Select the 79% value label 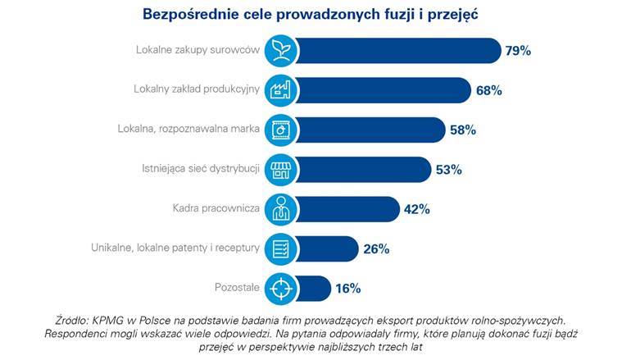tap(518, 51)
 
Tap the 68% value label tap(488, 90)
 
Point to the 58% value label tap(462, 130)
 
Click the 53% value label tap(449, 170)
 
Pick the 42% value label tap(416, 209)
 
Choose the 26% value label tap(376, 248)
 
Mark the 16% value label tap(347, 288)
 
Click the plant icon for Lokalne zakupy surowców tap(279, 51)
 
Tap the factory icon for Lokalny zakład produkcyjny tap(279, 90)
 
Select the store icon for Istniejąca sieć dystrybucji tap(279, 170)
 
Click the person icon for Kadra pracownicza tap(279, 209)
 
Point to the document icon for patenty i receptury tap(279, 248)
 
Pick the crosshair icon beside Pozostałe tap(279, 288)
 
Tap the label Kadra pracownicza tap(217, 209)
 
